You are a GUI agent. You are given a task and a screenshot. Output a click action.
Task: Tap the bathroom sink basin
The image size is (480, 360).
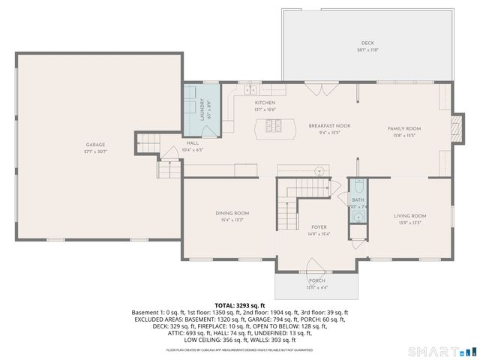358,217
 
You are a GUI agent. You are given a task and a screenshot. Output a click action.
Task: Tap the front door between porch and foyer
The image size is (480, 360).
314,265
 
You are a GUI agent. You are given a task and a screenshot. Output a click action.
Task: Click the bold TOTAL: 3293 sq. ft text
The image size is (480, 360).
240,304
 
